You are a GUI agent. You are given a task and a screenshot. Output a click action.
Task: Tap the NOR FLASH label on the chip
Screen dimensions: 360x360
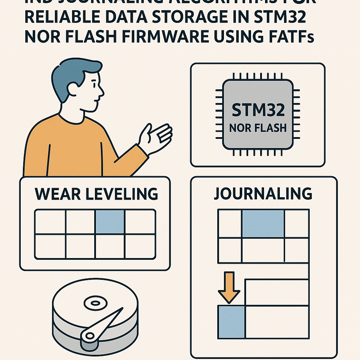tap(258, 128)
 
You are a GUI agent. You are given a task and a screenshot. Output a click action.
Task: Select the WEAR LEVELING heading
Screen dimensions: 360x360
tap(96, 194)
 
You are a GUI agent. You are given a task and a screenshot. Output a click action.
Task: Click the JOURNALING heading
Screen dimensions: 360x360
tap(263, 194)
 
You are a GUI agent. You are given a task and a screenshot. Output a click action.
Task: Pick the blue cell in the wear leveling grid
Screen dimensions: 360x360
tap(110, 222)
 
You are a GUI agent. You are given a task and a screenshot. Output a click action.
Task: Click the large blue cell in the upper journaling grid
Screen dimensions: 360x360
tap(263, 223)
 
